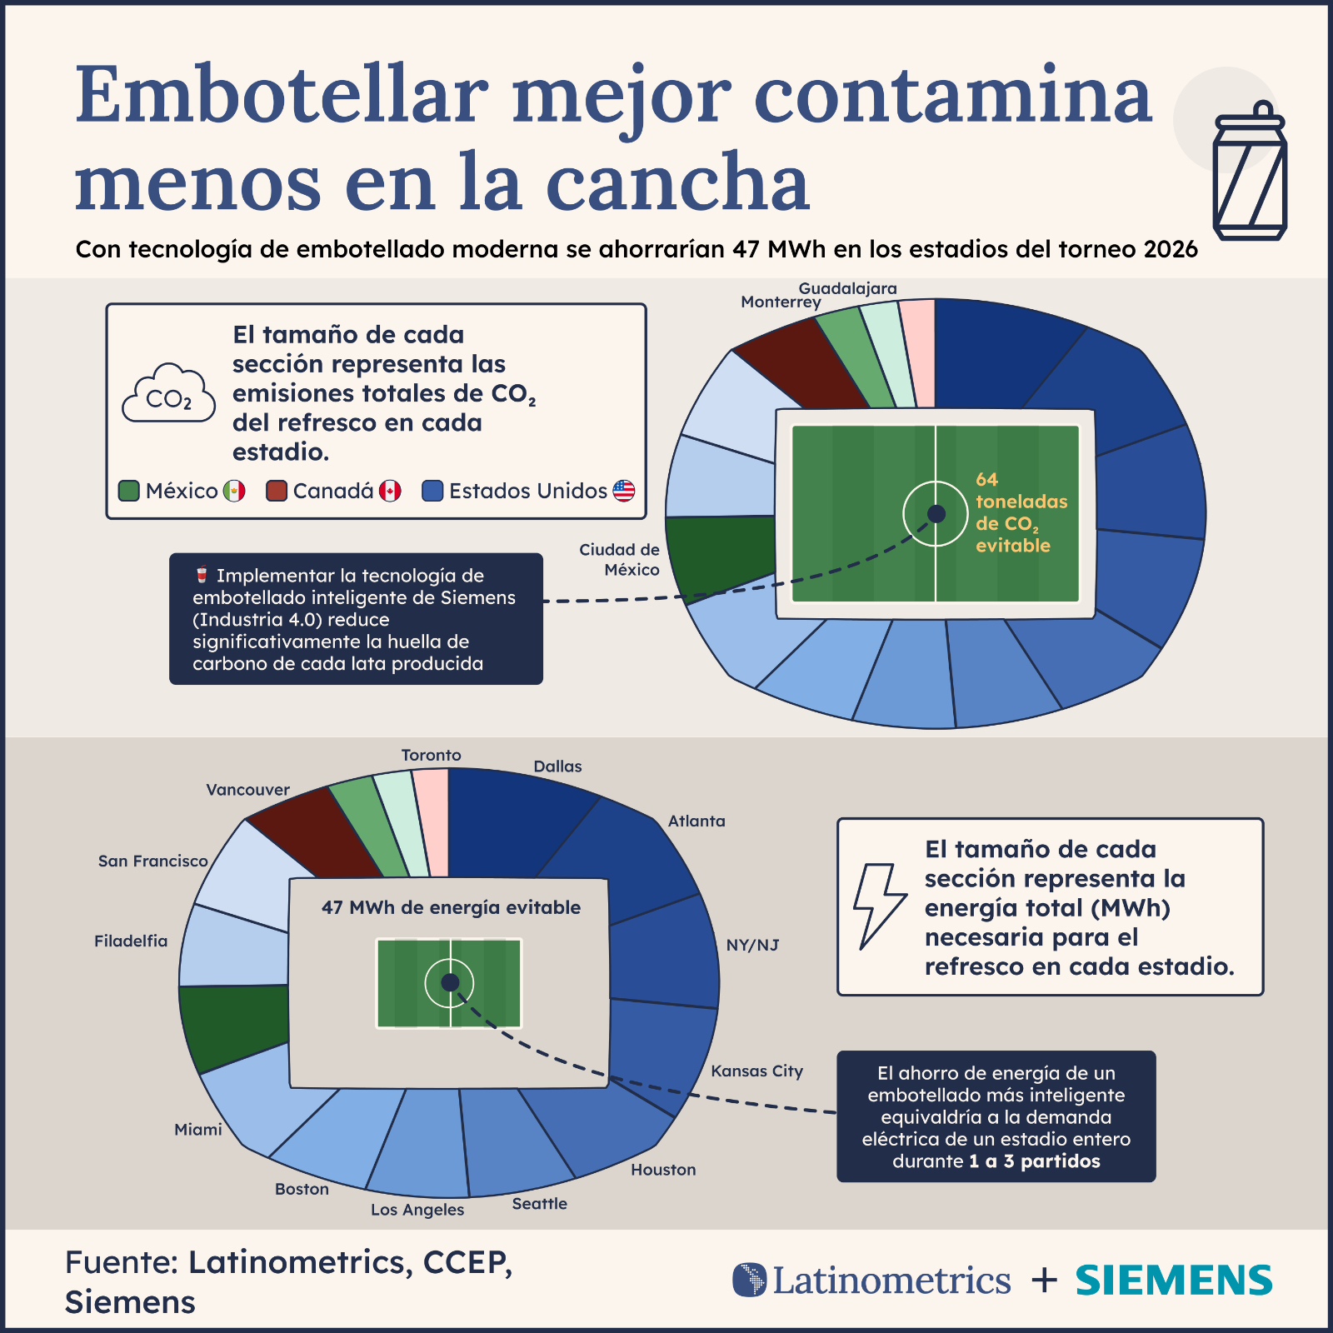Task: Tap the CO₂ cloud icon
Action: [x=169, y=393]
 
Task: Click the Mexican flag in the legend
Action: [x=234, y=491]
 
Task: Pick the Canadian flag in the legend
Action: [x=390, y=491]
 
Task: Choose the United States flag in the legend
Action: [x=624, y=491]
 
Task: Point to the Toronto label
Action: [x=431, y=755]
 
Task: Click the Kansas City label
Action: [x=756, y=1071]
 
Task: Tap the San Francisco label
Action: [x=152, y=861]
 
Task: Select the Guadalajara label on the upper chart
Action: [x=848, y=288]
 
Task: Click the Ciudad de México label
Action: [x=619, y=560]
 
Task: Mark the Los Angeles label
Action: [x=417, y=1210]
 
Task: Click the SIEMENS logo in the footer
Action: [x=1174, y=1281]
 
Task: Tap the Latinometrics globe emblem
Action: [x=749, y=1280]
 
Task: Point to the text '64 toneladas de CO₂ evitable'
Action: [x=1021, y=512]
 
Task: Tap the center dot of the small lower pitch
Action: [x=450, y=983]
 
